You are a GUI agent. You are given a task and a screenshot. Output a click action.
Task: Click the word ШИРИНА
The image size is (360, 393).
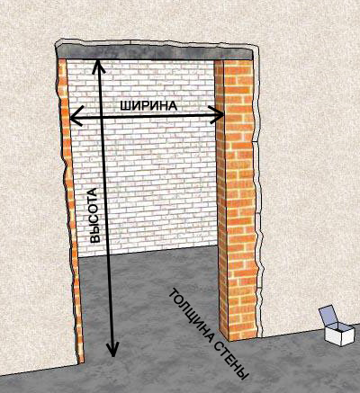(x=148, y=106)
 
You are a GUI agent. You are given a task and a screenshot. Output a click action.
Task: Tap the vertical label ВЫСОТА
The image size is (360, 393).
(x=94, y=215)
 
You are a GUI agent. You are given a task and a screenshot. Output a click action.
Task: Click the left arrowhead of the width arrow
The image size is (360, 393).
(x=76, y=116)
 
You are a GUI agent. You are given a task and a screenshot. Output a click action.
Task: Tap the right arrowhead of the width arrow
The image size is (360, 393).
(x=217, y=114)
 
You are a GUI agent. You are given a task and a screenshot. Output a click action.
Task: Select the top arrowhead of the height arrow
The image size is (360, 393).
(x=98, y=66)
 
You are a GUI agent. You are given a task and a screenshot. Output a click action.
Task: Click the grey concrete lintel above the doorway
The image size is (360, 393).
(x=155, y=52)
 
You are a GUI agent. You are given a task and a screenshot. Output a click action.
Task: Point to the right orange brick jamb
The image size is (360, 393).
(x=237, y=198)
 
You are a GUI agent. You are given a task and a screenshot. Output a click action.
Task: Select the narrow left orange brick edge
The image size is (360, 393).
(x=69, y=210)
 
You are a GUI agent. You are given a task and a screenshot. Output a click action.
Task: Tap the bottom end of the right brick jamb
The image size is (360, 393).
(x=238, y=338)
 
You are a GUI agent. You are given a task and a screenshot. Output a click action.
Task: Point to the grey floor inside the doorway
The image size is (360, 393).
(x=150, y=299)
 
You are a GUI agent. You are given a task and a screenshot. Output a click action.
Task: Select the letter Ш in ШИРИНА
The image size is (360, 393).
(x=124, y=106)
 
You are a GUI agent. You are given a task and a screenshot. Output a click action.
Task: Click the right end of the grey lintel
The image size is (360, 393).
(x=253, y=54)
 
